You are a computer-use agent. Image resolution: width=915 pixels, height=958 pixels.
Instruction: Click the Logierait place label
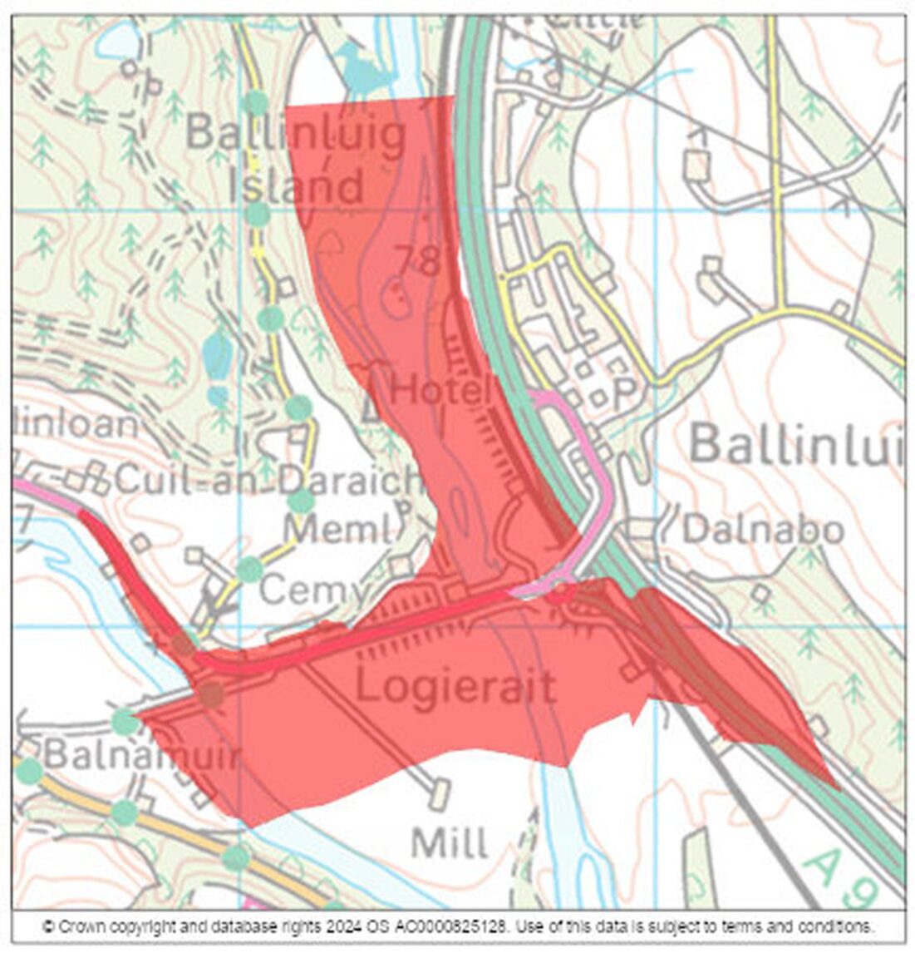click(x=455, y=688)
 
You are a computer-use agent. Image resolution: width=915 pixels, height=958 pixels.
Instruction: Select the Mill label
click(x=450, y=843)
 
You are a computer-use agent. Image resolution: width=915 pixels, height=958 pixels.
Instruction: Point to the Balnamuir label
click(x=141, y=755)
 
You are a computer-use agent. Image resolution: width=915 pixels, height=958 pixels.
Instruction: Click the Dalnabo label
click(x=763, y=530)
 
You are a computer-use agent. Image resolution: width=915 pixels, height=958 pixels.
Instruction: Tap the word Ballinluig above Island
click(x=296, y=133)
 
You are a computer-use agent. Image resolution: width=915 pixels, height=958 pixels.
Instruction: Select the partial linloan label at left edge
click(x=75, y=424)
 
